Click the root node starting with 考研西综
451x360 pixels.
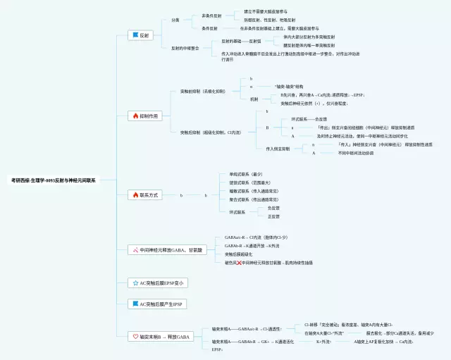[x=54, y=180]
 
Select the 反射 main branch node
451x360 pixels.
[x=141, y=35]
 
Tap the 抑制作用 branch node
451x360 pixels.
[x=145, y=115]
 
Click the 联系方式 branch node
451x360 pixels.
[x=145, y=194]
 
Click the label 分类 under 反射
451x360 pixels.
[x=175, y=20]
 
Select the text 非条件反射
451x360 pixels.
[x=212, y=15]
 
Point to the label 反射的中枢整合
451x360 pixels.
[x=185, y=48]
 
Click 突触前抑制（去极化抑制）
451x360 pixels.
[x=203, y=92]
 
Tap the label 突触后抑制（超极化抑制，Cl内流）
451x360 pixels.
[x=206, y=132]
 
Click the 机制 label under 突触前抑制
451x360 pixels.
[x=254, y=99]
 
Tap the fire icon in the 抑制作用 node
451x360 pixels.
[x=135, y=115]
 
